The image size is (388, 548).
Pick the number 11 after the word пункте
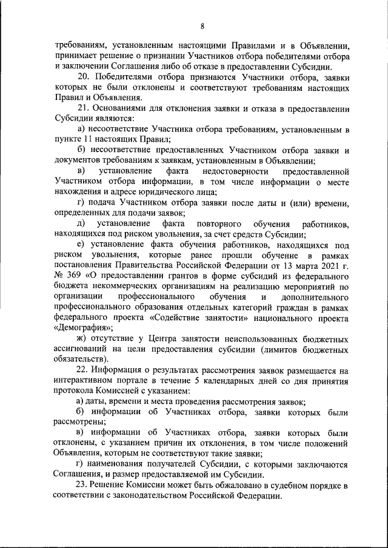tap(86, 140)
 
